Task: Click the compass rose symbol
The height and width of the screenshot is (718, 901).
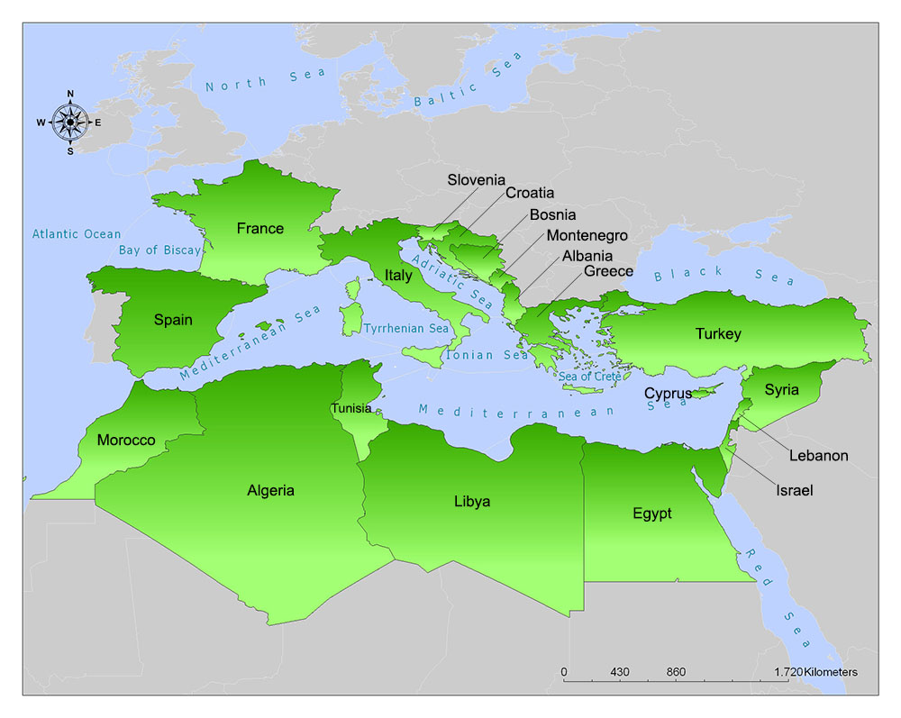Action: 69,123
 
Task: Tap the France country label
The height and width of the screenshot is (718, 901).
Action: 259,229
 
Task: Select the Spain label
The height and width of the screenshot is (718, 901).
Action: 173,320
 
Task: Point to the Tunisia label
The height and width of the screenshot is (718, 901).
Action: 350,408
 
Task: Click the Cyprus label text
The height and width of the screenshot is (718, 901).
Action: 668,394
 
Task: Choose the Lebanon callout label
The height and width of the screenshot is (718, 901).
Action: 818,456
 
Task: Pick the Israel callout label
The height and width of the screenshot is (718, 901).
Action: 794,491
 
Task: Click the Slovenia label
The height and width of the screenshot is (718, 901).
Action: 476,180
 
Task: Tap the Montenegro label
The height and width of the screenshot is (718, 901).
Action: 587,235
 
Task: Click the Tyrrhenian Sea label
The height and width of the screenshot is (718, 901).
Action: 405,329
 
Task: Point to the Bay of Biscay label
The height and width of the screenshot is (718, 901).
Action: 159,250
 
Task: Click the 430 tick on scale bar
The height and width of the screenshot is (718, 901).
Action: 619,672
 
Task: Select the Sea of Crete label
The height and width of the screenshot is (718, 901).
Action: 589,376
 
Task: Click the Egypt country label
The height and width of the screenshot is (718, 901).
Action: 651,514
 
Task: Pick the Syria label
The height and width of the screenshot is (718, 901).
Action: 781,390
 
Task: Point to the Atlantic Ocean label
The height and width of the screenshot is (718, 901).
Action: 77,234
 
